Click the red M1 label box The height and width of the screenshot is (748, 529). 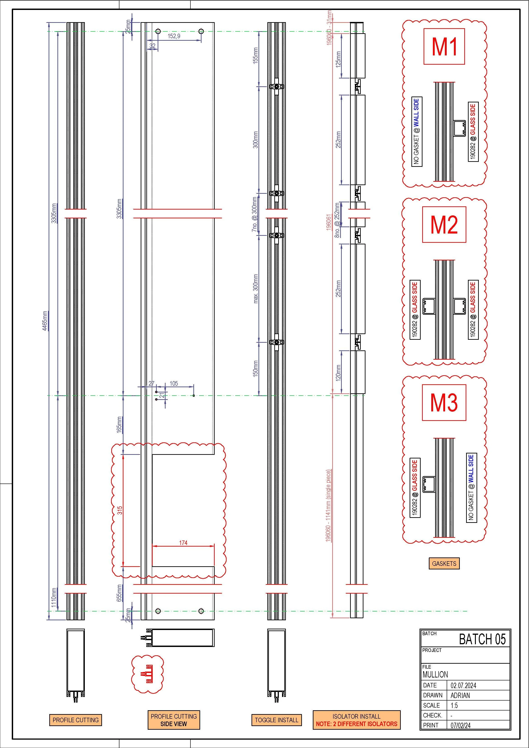[x=444, y=47]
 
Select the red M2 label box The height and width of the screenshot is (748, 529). [x=444, y=225]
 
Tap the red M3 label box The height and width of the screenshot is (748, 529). [x=444, y=403]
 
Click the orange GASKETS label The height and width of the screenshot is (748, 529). [x=444, y=563]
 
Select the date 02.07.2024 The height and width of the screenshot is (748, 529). [x=463, y=685]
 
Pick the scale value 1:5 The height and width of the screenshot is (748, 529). [x=454, y=705]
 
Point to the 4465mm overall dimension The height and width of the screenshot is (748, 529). [x=45, y=321]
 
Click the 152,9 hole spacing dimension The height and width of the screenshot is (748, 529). [x=174, y=36]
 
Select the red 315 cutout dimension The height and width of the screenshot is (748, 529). [x=120, y=510]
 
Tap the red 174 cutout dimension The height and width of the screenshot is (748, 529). [x=183, y=543]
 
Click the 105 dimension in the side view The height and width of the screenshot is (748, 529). [x=174, y=383]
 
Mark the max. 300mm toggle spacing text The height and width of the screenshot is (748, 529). [x=256, y=289]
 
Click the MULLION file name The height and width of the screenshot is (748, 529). [x=435, y=674]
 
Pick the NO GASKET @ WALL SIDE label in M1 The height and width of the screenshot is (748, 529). [x=417, y=132]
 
